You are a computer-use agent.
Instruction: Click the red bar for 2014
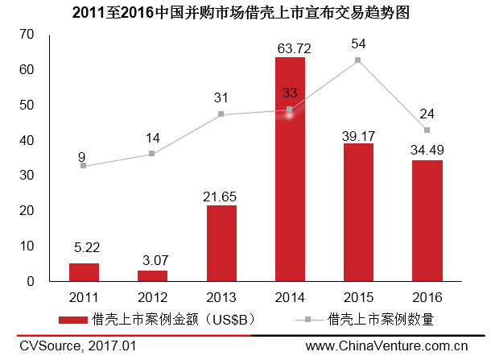289,169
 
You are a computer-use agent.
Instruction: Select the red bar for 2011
84,272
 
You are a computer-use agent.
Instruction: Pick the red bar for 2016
427,221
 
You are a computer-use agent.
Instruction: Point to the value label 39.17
357,136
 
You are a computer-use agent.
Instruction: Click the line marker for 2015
357,60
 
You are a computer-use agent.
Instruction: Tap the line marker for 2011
84,166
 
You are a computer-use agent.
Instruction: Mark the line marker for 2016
427,130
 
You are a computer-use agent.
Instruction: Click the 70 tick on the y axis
29,35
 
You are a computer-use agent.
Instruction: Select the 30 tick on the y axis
29,176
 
